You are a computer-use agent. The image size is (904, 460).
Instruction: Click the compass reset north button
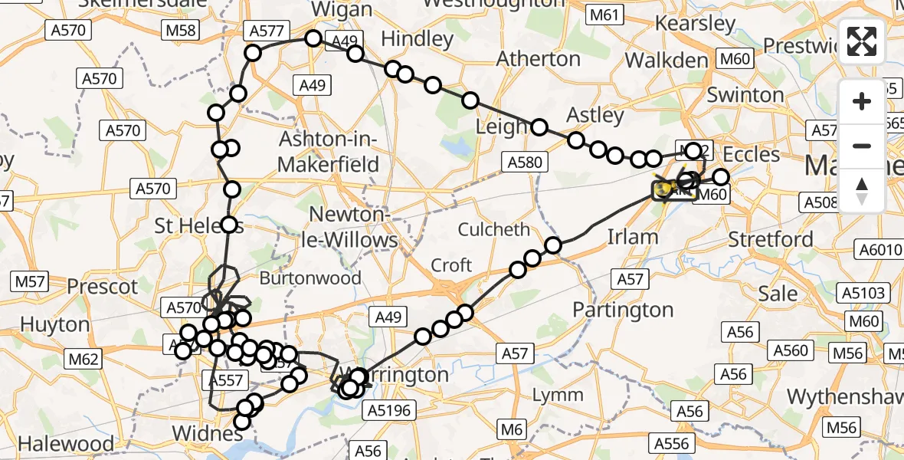click(862, 191)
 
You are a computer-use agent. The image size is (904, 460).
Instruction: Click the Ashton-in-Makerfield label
click(329, 153)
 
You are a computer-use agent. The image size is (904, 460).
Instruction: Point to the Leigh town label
click(502, 127)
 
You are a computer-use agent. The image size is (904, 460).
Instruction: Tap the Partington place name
click(623, 310)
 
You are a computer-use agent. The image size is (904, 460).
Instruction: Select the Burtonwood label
click(310, 278)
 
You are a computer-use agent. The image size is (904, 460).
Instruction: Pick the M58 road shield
click(181, 31)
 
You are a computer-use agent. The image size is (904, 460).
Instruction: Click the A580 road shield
click(524, 162)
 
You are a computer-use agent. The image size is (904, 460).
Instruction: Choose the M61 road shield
click(604, 14)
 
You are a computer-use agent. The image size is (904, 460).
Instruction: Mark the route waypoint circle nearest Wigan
click(313, 38)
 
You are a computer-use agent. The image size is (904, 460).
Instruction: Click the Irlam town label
click(632, 236)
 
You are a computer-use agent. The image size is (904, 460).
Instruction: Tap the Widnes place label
click(201, 433)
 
